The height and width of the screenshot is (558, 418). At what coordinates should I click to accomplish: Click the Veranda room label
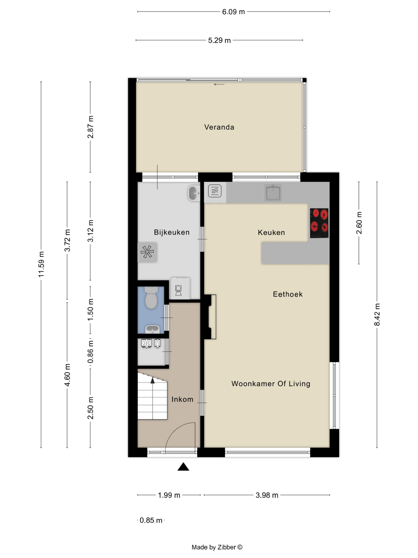click(x=219, y=127)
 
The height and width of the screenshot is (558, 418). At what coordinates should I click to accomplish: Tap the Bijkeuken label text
click(x=172, y=232)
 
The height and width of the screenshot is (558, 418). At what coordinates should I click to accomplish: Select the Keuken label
click(x=271, y=232)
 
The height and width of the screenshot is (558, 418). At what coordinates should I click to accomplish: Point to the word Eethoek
click(x=288, y=294)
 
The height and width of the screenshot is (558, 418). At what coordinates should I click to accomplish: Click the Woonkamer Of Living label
click(x=271, y=384)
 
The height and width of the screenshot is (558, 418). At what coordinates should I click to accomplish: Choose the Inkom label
click(x=182, y=400)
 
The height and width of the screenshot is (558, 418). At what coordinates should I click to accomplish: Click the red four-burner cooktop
click(x=319, y=223)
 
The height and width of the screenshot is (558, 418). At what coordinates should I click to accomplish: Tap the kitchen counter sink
click(x=273, y=193)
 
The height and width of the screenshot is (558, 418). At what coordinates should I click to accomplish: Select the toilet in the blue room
click(x=151, y=298)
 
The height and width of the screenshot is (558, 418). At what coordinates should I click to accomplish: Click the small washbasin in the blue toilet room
click(x=152, y=329)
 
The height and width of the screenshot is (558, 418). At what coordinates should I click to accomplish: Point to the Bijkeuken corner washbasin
click(x=194, y=193)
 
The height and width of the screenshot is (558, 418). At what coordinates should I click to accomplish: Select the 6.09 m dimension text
click(x=233, y=12)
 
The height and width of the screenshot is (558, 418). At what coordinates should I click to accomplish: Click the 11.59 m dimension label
click(x=41, y=264)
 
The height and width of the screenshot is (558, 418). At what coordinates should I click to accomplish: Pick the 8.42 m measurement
click(x=377, y=315)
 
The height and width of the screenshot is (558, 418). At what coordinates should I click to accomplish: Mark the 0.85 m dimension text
click(x=151, y=520)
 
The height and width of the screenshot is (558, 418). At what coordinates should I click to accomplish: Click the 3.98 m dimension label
click(x=267, y=495)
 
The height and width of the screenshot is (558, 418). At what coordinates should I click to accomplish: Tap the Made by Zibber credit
click(x=217, y=547)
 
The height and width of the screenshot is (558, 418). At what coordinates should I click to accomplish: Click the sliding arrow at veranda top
click(x=219, y=84)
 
